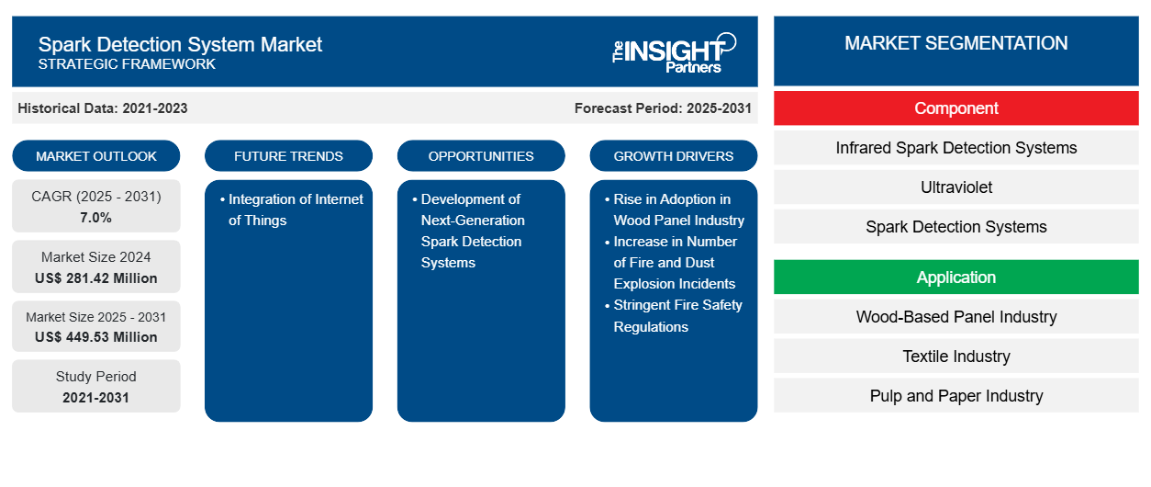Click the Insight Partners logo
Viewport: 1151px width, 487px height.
tap(674, 51)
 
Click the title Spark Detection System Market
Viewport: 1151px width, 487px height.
tap(180, 44)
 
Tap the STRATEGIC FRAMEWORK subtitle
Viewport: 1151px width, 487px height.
tap(127, 64)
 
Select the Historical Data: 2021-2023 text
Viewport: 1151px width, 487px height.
tap(102, 108)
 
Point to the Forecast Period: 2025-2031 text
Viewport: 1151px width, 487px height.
tap(663, 108)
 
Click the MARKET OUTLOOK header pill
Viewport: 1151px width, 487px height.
tap(96, 156)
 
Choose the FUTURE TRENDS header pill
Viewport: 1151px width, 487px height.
tap(288, 156)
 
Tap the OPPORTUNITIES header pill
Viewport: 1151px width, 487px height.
tap(481, 156)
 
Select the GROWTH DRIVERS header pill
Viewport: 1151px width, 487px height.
tap(674, 156)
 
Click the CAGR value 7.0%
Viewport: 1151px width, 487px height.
tap(96, 218)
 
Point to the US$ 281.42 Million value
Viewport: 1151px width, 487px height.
tap(96, 278)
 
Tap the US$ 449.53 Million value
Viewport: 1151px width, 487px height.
tap(96, 337)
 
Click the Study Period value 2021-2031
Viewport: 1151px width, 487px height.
tap(96, 398)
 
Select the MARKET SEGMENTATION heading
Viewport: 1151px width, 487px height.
tap(955, 43)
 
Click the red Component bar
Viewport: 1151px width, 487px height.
tap(955, 108)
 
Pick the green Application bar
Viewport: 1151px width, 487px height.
tap(955, 277)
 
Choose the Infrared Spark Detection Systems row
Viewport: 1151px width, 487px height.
tap(955, 148)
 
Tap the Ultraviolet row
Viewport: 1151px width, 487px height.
tap(955, 187)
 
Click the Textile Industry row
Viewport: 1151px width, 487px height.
tap(955, 357)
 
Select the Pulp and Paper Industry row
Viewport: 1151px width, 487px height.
tap(955, 396)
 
